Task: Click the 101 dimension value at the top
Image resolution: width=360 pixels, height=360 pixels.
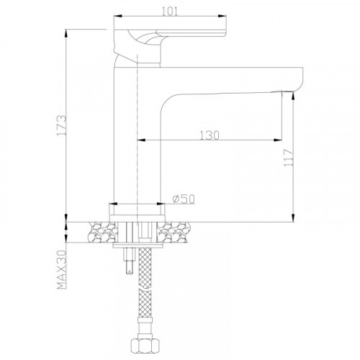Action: pyautogui.click(x=170, y=11)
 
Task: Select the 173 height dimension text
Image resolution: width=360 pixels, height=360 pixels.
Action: pyautogui.click(x=62, y=125)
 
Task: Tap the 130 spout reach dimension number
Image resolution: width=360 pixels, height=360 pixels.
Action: pyautogui.click(x=210, y=135)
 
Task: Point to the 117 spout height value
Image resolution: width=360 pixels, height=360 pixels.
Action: pyautogui.click(x=288, y=158)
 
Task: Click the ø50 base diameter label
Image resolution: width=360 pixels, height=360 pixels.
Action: pyautogui.click(x=184, y=199)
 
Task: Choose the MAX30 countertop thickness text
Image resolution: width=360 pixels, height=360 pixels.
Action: pyautogui.click(x=61, y=270)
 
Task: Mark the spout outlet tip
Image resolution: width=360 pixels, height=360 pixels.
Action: pyautogui.click(x=287, y=91)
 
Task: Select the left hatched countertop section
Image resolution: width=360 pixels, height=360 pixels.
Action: pyautogui.click(x=103, y=232)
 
